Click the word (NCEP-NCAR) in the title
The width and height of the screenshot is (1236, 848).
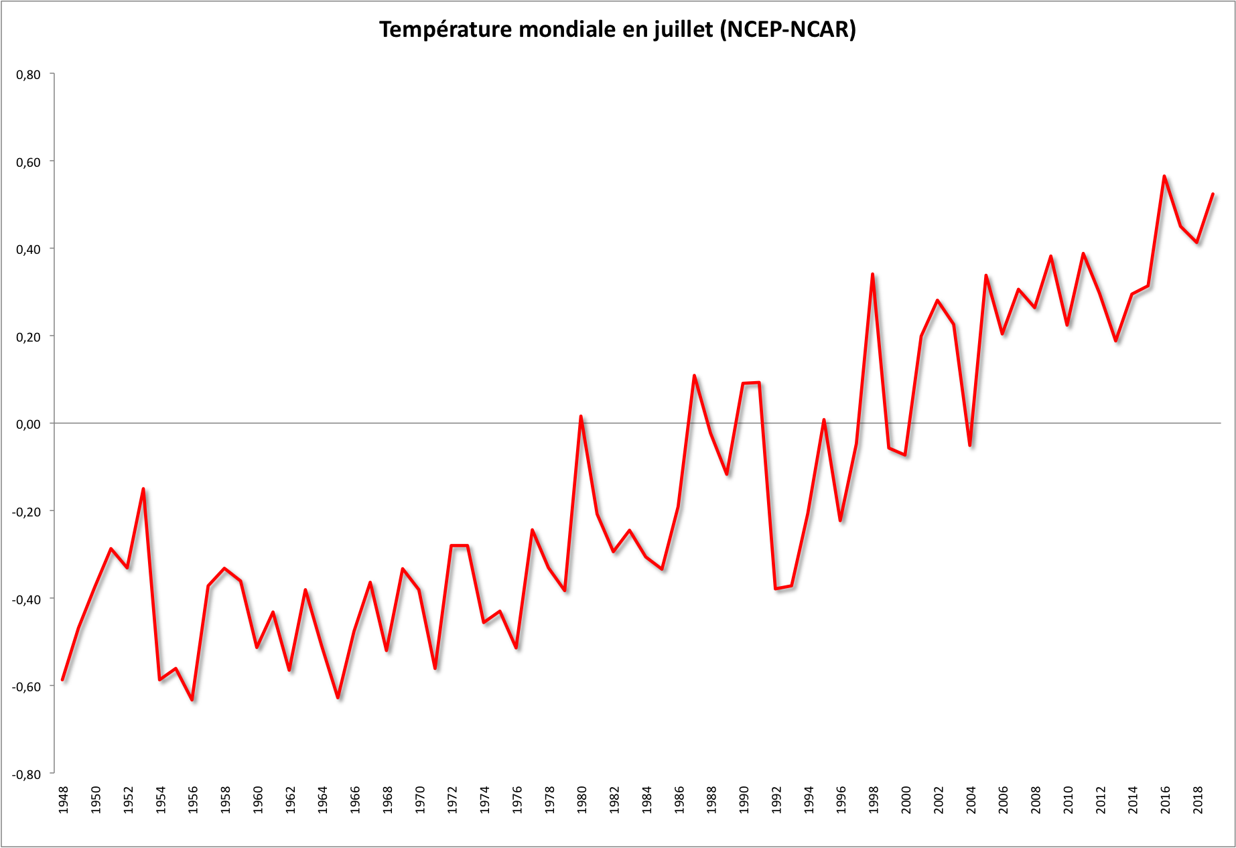coord(788,30)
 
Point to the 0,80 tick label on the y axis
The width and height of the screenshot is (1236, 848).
coord(28,74)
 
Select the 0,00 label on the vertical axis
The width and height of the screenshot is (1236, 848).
coord(28,424)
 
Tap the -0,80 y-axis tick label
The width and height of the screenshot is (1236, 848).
coord(26,774)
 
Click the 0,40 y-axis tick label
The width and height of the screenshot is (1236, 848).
coord(28,249)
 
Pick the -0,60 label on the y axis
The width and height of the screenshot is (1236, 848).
coord(26,686)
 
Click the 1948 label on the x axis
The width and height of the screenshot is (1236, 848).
coord(63,800)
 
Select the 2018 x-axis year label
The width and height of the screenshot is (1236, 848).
coord(1198,800)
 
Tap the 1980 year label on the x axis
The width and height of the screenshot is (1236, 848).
coord(581,800)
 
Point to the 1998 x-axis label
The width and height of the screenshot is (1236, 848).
coord(874,800)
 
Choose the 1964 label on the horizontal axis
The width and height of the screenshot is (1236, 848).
coord(322,800)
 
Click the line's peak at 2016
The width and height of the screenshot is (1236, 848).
coord(1164,176)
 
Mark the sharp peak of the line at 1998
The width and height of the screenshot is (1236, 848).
coord(872,274)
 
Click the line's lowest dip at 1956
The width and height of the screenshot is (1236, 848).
coord(192,700)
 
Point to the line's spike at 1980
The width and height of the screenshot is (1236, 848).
coord(581,416)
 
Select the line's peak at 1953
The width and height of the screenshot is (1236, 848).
coord(143,489)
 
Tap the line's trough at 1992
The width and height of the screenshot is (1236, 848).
coord(775,589)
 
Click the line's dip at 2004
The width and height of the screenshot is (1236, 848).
coord(970,445)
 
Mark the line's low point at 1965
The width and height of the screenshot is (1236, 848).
coord(338,697)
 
